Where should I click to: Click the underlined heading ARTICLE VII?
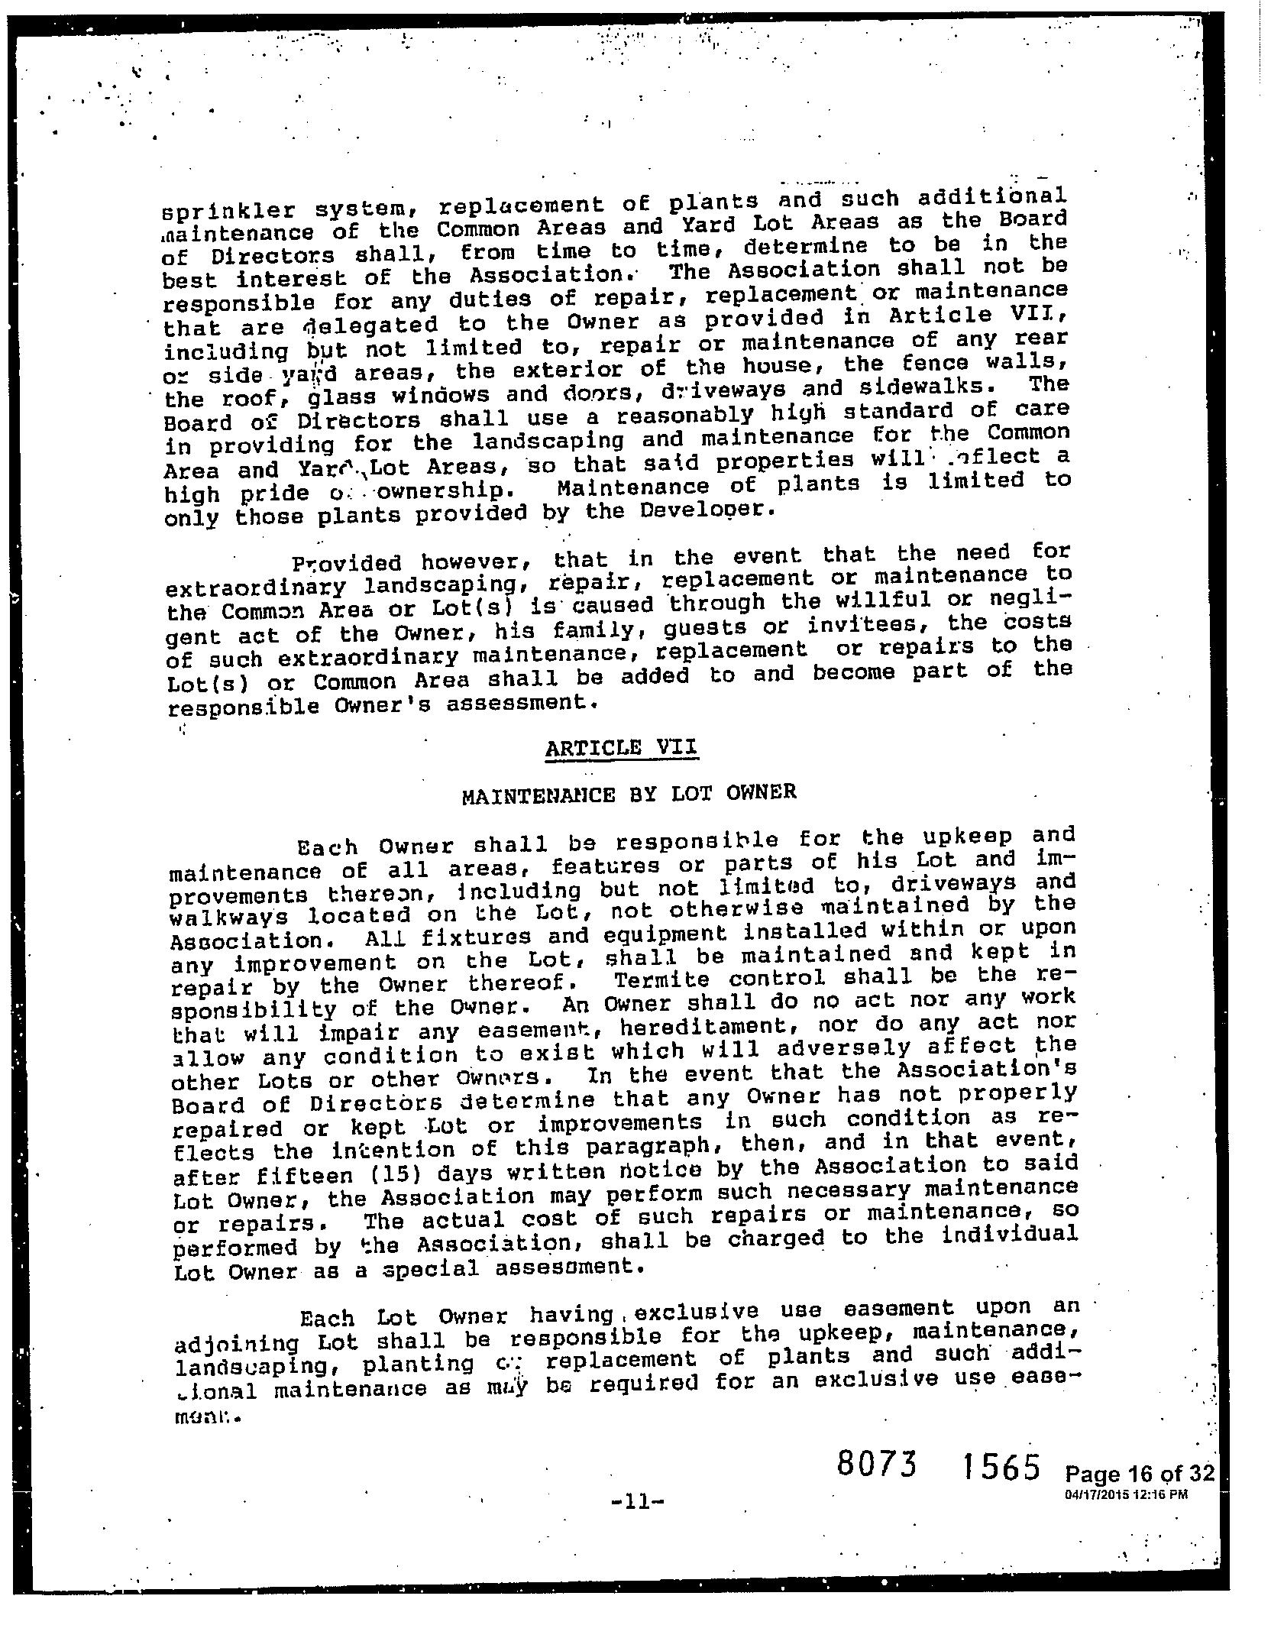622,747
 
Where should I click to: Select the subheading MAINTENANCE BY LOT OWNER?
629,794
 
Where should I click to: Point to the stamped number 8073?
876,1464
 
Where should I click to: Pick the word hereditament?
710,1027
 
